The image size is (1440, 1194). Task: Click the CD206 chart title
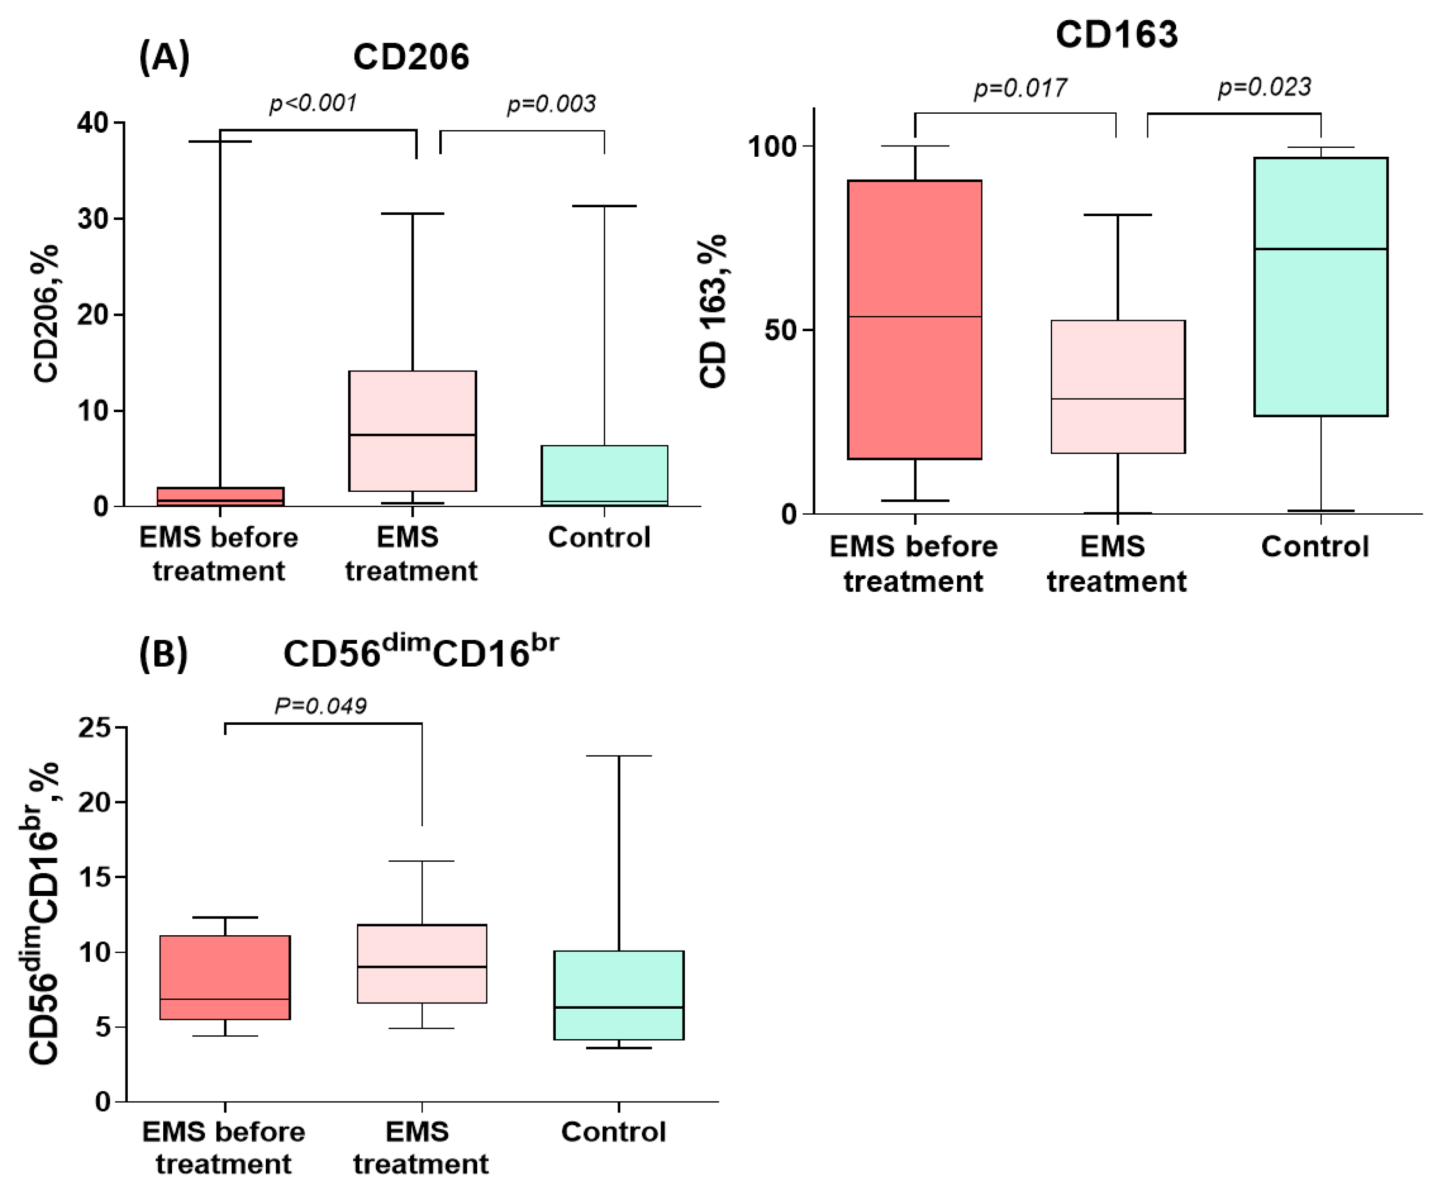[x=411, y=57]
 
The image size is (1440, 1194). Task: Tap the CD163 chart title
[x=1116, y=34]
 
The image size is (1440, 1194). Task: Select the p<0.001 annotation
[x=313, y=103]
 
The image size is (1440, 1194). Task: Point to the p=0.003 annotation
[x=551, y=104]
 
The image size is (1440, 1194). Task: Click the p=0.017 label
[x=1020, y=88]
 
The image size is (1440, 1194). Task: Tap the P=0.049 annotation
[x=320, y=706]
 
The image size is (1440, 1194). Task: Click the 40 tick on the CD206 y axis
[x=93, y=124]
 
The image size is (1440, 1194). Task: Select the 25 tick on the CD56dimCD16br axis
[x=95, y=728]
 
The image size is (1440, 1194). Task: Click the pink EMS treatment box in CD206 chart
[x=412, y=431]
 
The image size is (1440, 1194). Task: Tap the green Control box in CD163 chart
[x=1321, y=287]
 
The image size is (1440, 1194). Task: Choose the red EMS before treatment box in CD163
[x=915, y=319]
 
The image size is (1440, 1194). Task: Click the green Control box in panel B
[x=618, y=994]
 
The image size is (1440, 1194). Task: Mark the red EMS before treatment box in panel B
[x=225, y=977]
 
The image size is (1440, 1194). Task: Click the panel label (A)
[x=164, y=57]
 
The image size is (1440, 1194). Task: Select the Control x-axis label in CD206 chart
[x=599, y=538]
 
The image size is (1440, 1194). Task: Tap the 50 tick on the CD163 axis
[x=780, y=330]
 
